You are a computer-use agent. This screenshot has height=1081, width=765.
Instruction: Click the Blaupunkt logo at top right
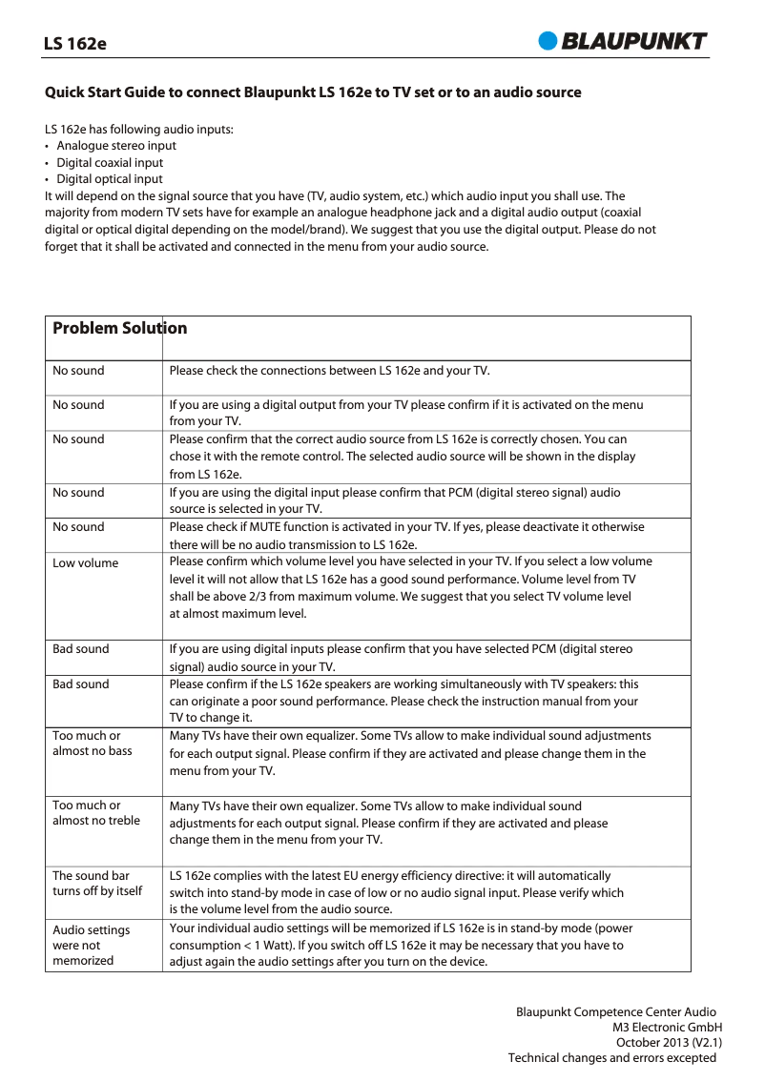[624, 40]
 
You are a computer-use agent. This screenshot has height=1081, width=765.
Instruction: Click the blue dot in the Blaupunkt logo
[548, 40]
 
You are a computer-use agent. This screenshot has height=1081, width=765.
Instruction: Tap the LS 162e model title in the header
[75, 44]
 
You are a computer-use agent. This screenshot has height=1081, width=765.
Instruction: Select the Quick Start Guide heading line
[313, 92]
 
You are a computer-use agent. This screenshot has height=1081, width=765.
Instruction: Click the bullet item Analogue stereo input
[115, 146]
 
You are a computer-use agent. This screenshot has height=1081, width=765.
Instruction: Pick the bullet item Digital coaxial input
[110, 163]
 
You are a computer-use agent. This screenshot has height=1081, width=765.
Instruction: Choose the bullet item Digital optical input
[109, 179]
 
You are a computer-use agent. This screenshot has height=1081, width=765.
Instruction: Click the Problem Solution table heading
[119, 329]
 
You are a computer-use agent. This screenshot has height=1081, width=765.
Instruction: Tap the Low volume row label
[85, 563]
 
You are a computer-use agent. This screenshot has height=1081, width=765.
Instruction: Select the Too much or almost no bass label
[92, 744]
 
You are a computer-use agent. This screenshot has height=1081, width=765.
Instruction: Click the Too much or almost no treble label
[95, 813]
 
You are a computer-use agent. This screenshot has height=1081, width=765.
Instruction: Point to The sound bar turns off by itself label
[96, 884]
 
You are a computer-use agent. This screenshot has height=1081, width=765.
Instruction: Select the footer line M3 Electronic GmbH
[667, 1028]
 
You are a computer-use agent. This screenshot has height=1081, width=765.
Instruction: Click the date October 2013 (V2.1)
[670, 1043]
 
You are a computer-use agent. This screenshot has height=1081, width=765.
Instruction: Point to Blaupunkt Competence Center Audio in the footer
[615, 1012]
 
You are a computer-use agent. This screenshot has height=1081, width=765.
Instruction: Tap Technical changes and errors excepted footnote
[611, 1058]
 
